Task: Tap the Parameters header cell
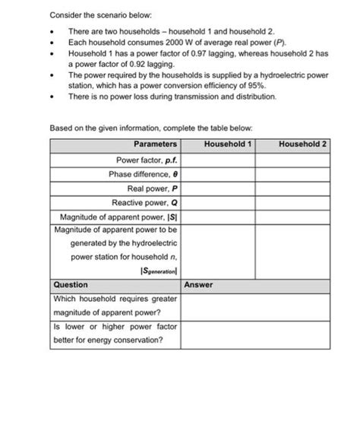tap(155, 144)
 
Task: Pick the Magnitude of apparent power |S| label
tap(118, 217)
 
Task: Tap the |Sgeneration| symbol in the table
tap(158, 271)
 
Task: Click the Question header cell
tap(71, 285)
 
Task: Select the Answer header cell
tap(198, 285)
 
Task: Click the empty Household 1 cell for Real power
tap(217, 188)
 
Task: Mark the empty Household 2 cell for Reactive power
tap(292, 203)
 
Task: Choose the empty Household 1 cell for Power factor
tap(217, 160)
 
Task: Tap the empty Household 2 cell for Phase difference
tap(292, 174)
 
